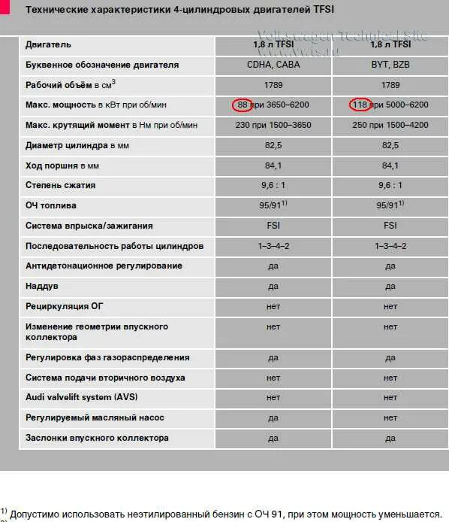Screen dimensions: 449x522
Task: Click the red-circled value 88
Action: [243, 105]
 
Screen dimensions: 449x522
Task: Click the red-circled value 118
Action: [360, 105]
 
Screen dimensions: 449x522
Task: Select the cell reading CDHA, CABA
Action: [273, 65]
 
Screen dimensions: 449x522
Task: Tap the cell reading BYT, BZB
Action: [390, 65]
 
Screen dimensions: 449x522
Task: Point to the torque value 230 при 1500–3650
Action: [273, 125]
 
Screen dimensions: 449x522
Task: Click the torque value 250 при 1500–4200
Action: [390, 125]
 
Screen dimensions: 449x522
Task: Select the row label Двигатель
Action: [49, 44]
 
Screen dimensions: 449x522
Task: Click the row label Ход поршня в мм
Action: [62, 165]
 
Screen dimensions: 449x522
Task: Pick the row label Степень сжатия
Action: [61, 185]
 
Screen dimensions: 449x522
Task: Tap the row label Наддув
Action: [42, 286]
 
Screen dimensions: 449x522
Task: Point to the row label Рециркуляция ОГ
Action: [65, 306]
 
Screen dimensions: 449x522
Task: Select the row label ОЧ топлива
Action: [51, 205]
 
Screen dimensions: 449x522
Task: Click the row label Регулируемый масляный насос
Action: [95, 417]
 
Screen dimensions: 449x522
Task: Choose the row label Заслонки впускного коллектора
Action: [97, 438]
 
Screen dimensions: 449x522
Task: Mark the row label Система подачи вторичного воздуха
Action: [105, 378]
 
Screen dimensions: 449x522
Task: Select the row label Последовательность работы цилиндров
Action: [114, 246]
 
